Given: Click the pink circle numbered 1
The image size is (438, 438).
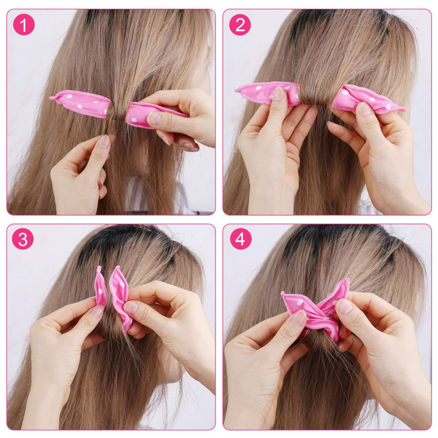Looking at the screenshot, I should click(x=23, y=25).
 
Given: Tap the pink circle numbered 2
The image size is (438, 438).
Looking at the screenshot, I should click(x=240, y=25).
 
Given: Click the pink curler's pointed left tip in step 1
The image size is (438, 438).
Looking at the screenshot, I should click(x=52, y=98).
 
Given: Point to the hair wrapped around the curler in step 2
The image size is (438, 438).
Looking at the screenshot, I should click(x=315, y=93).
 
